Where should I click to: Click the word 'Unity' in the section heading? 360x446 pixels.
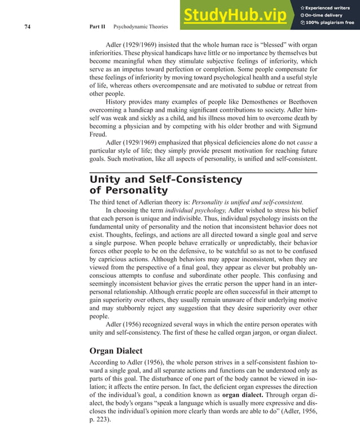(x=106, y=180)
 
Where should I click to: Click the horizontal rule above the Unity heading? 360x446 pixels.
(x=203, y=172)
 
